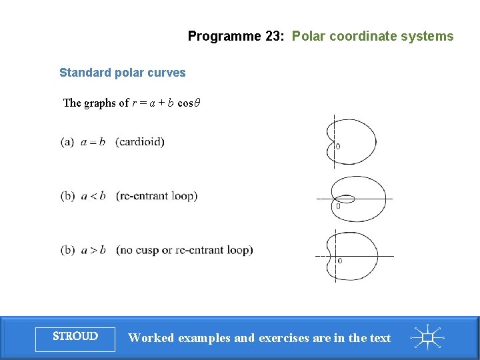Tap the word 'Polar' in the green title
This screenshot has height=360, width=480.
click(308, 36)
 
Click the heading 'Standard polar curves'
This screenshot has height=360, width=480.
click(122, 73)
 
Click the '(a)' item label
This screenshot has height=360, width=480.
click(67, 142)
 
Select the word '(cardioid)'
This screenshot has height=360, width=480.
click(140, 142)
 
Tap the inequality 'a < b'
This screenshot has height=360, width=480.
click(93, 196)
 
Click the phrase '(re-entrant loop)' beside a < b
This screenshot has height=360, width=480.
click(156, 196)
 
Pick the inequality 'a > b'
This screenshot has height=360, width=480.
click(93, 250)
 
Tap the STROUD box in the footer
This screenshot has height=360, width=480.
click(75, 337)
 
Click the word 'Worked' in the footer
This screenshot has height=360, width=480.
click(151, 338)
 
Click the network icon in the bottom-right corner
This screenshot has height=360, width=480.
click(428, 337)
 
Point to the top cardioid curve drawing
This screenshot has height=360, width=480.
click(353, 141)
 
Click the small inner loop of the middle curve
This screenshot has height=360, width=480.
click(345, 198)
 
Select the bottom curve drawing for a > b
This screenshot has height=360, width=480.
click(353, 255)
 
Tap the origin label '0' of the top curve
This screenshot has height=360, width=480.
click(338, 146)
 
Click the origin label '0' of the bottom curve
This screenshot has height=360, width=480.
click(340, 261)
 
